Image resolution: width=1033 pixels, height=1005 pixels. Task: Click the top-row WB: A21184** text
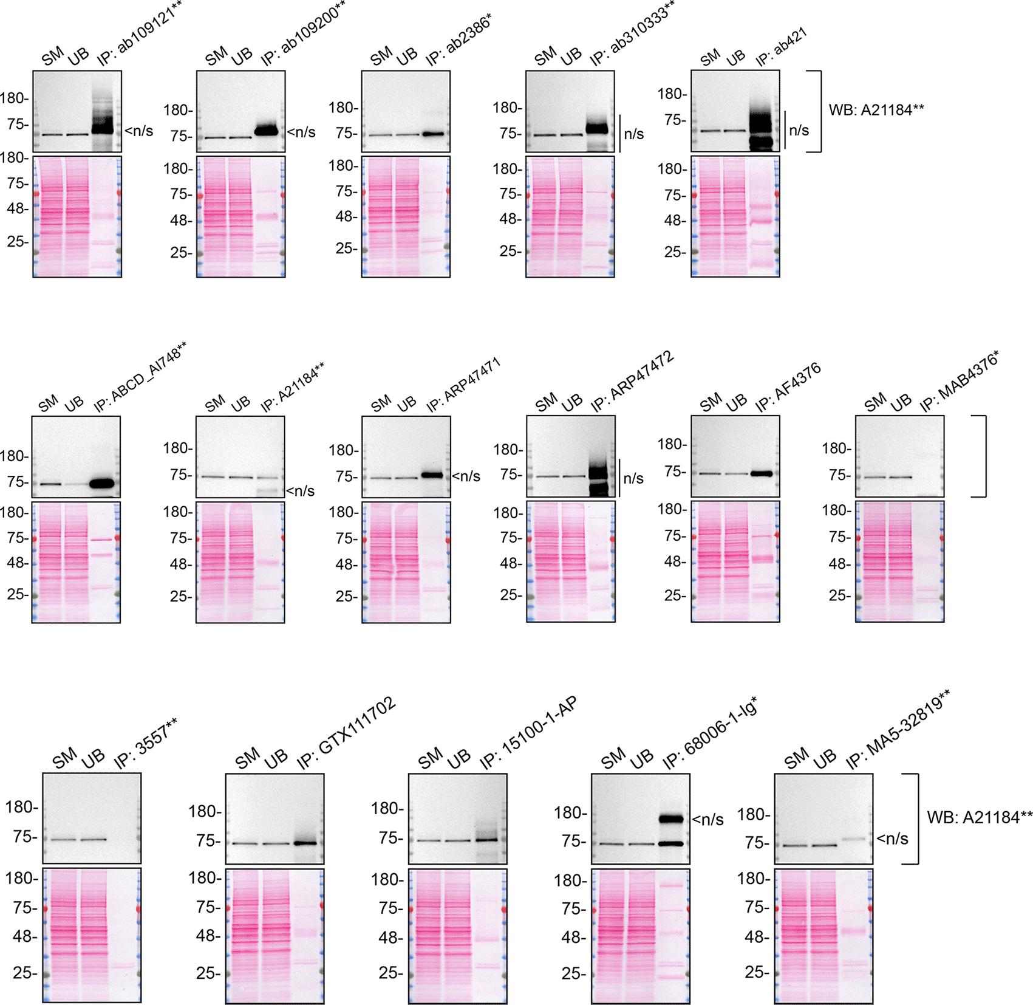coord(876,110)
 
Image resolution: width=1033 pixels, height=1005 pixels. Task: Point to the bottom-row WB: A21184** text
coord(979,818)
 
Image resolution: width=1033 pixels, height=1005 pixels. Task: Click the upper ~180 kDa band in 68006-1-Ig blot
coord(671,818)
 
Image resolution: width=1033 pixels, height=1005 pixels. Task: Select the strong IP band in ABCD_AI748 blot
coord(102,484)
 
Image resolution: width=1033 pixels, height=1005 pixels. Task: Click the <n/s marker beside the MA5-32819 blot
coord(892,839)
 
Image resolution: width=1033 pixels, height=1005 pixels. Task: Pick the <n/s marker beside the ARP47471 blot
coord(466,476)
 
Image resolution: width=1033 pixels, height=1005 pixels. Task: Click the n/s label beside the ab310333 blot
coord(633,134)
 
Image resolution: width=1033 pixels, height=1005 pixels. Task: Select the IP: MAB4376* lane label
coord(959,382)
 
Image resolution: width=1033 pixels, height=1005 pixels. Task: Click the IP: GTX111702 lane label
coord(346,733)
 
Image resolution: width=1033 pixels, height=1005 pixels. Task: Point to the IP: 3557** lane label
coord(146,744)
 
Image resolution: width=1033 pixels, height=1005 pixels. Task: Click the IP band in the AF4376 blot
coord(762,473)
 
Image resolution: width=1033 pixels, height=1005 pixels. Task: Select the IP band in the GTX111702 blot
coord(305,843)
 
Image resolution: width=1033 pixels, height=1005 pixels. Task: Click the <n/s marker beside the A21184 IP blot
coord(300,491)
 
